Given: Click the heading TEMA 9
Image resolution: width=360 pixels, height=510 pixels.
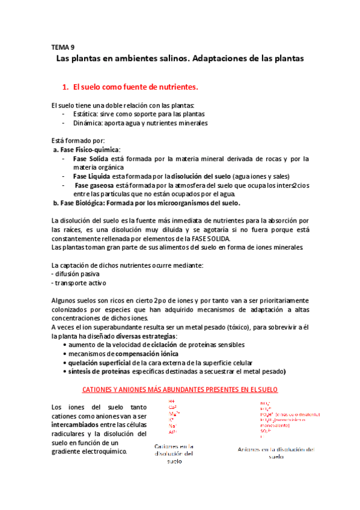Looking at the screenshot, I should click(63, 47).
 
